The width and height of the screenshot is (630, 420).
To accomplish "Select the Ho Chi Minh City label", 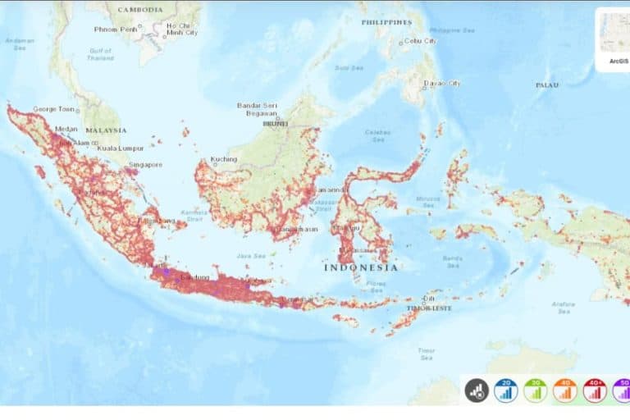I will [x=181, y=30].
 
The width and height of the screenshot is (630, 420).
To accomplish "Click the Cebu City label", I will [x=419, y=41].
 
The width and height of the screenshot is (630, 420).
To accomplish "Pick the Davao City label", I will [x=442, y=83].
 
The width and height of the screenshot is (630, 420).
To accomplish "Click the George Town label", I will [x=54, y=109].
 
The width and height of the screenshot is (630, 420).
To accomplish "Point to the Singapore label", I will [x=144, y=164].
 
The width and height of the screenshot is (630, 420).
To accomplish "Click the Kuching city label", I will [x=223, y=158].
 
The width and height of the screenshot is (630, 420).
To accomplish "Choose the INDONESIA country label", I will [x=362, y=267].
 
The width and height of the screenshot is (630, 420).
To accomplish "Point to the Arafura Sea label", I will [x=563, y=307].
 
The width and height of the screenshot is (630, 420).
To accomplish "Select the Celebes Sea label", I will [x=377, y=135].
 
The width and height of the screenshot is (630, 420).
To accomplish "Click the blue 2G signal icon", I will [x=505, y=390].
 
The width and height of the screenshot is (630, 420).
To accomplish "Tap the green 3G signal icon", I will [x=534, y=390].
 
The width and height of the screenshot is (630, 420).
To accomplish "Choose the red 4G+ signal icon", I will [x=595, y=390].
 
